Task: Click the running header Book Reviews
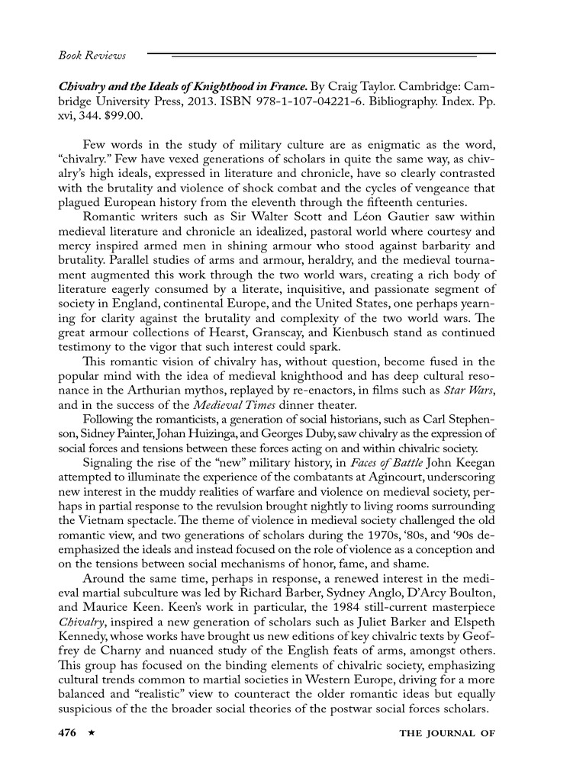point(92,56)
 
